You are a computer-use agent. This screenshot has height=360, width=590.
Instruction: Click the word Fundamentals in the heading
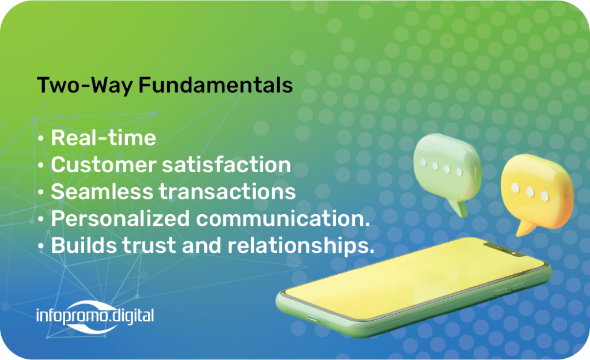click(x=215, y=85)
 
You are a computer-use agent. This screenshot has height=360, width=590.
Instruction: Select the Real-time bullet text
click(x=104, y=138)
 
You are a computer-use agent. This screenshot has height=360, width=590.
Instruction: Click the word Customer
click(x=104, y=165)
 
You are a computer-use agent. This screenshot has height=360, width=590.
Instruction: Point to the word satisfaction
click(x=226, y=165)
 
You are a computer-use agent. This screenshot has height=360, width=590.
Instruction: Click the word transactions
click(x=228, y=191)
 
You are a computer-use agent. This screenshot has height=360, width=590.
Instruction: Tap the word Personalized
click(x=120, y=219)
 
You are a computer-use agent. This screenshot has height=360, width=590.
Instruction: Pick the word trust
click(x=149, y=245)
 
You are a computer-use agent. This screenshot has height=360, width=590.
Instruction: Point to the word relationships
click(x=299, y=245)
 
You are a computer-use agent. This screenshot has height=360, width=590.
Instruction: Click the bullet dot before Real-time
click(x=41, y=138)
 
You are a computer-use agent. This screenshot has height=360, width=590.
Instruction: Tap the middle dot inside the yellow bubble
click(x=530, y=192)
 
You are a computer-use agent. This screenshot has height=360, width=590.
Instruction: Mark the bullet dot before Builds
click(x=41, y=247)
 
